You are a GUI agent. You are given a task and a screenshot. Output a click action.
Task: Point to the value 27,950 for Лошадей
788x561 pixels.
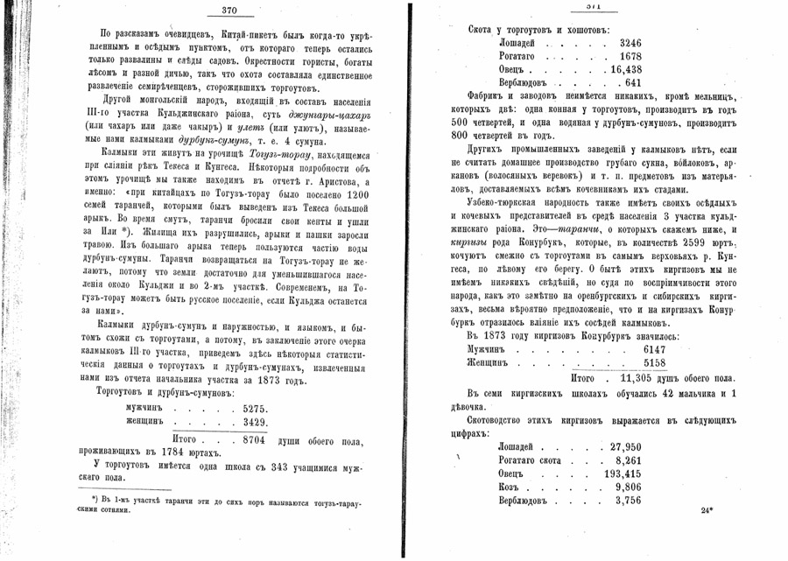pyautogui.click(x=627, y=446)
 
